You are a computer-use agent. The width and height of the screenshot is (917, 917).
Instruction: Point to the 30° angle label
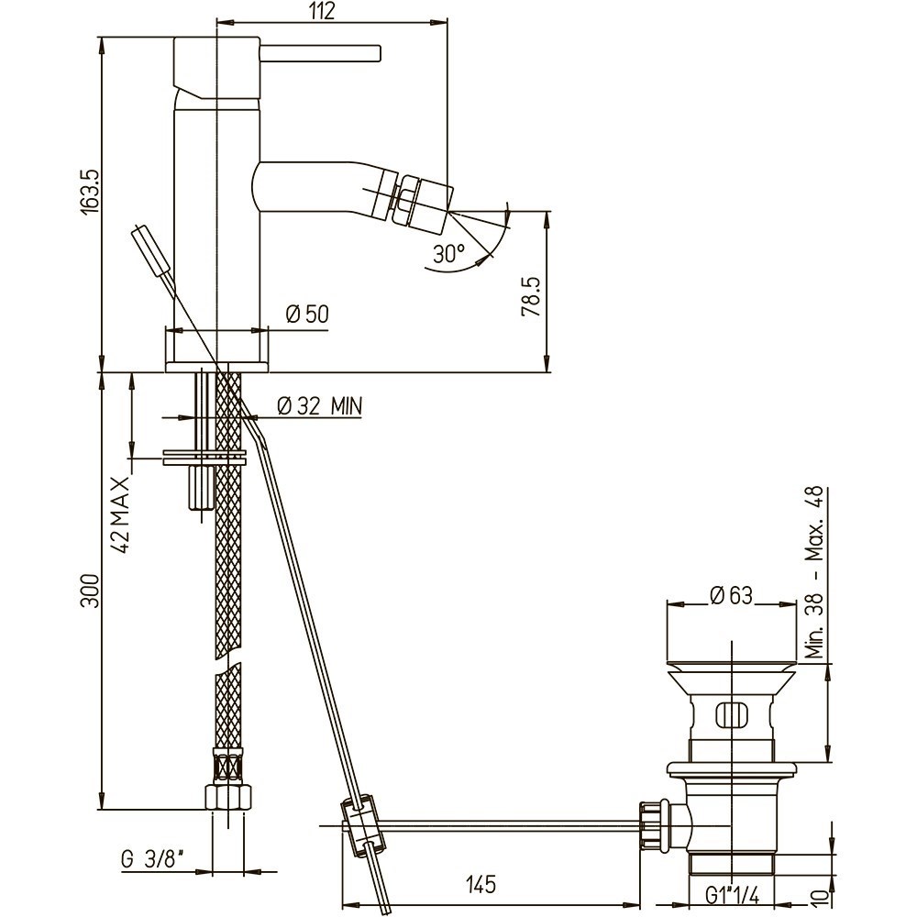point(449,253)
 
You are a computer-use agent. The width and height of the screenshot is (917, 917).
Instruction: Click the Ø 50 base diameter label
point(307,315)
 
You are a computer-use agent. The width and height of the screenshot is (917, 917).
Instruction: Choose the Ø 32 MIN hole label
point(318,404)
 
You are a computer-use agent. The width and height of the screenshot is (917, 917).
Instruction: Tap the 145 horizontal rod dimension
point(481,885)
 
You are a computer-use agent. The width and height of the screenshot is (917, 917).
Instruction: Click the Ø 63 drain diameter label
point(731,596)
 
